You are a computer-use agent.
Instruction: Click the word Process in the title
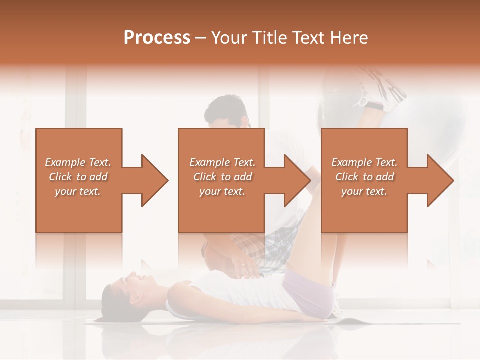point(157,38)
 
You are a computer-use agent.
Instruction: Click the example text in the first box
point(78,177)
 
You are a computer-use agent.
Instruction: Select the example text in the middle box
point(222,177)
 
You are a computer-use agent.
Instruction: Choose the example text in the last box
point(364,177)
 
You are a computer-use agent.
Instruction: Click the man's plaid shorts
point(270,250)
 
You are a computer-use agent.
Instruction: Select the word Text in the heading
point(311,38)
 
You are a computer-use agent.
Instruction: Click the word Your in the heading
point(230,38)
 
